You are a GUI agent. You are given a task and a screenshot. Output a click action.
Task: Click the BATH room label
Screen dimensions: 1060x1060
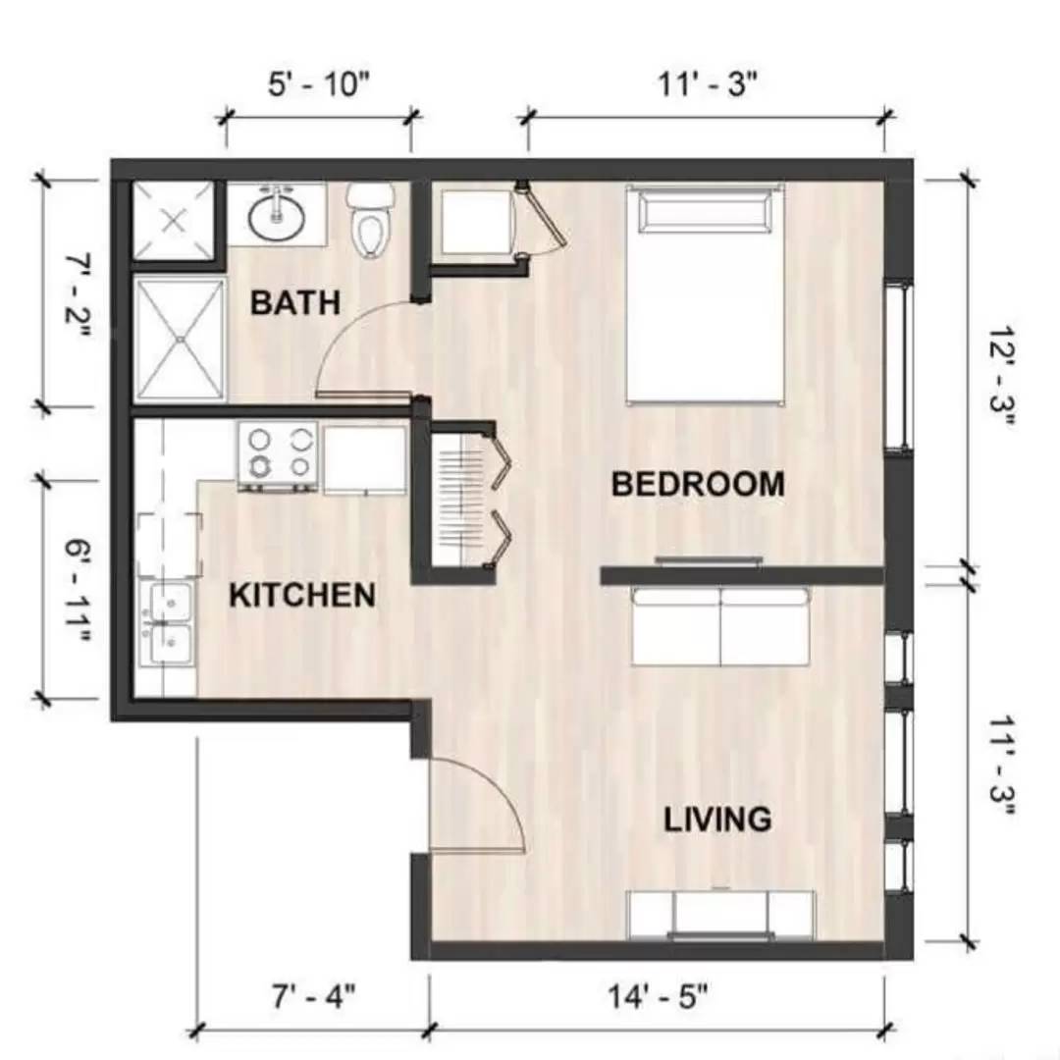click(295, 302)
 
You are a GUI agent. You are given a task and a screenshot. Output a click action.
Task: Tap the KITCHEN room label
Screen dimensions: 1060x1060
click(301, 595)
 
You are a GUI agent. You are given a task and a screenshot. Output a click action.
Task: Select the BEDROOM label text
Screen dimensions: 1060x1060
click(697, 484)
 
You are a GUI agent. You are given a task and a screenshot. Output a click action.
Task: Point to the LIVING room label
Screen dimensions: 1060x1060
click(717, 819)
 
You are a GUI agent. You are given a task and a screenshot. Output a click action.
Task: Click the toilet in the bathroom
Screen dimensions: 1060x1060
click(371, 221)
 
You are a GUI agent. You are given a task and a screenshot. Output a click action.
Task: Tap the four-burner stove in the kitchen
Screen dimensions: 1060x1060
click(278, 455)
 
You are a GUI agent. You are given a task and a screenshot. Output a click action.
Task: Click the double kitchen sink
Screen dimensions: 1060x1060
click(168, 624)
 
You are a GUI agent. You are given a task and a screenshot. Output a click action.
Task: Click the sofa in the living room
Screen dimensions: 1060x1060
click(721, 626)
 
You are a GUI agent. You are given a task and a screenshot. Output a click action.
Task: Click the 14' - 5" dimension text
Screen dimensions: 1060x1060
click(658, 996)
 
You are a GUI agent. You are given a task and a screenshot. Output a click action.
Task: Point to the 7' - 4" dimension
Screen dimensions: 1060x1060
click(313, 996)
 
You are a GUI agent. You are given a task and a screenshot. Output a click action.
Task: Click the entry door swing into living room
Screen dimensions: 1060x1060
click(476, 805)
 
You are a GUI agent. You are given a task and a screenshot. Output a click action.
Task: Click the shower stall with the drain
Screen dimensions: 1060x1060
click(179, 339)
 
